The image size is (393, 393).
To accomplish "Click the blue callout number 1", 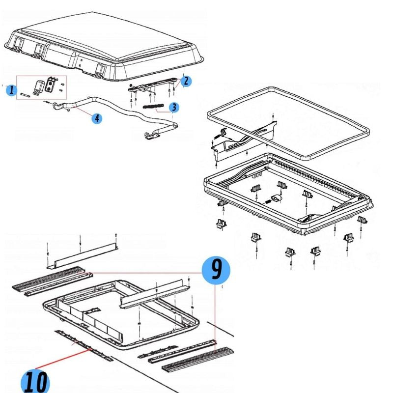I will (x=11, y=90).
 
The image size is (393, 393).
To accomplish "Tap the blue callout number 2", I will (x=185, y=81).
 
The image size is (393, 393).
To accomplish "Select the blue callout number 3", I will (x=173, y=107).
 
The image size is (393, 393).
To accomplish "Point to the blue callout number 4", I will (x=98, y=118).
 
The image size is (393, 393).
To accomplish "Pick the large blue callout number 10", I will (x=35, y=381).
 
